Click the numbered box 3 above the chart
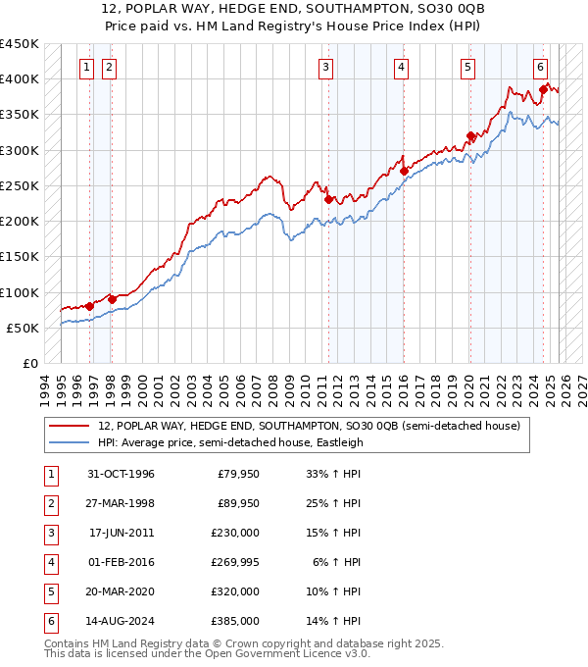(324, 68)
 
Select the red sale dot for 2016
(404, 170)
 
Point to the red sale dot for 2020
(470, 135)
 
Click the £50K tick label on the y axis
(23, 328)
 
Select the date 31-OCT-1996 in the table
(121, 475)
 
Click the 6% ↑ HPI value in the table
(336, 561)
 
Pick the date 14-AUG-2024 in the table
(122, 621)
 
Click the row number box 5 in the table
(48, 591)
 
